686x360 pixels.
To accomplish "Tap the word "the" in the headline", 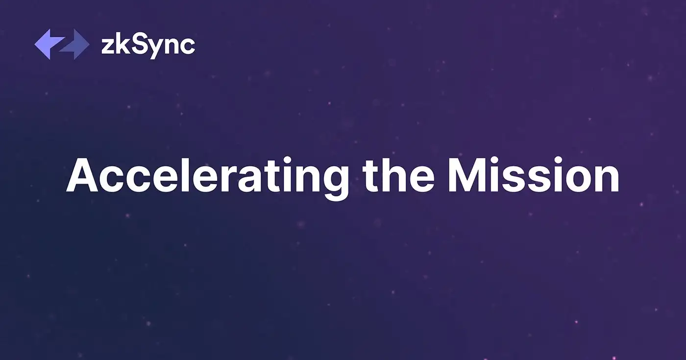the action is coord(398,174).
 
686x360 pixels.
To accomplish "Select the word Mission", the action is coord(534,175).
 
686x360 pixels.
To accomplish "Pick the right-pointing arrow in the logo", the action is coord(74,45).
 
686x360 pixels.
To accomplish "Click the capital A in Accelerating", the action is coord(82,175).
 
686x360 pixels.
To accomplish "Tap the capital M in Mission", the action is coord(468,175).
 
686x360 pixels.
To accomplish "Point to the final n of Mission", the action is coord(608,179).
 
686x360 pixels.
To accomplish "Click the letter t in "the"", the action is coord(370,176).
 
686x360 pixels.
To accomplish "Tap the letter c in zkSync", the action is coord(187,47).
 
